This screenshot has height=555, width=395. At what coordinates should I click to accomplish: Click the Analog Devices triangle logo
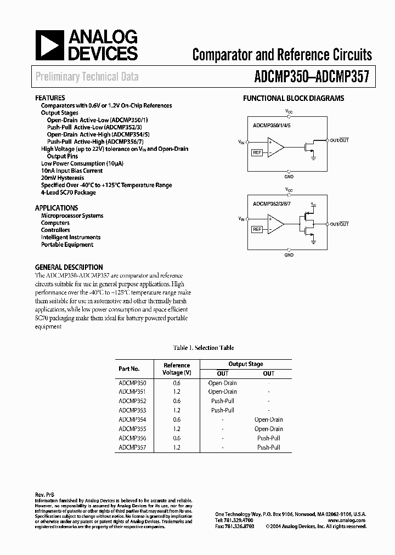[49, 45]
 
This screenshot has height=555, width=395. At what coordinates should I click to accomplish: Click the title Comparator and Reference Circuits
[282, 54]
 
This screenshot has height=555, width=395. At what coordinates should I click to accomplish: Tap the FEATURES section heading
[50, 98]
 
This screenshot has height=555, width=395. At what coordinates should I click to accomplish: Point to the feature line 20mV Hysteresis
[63, 178]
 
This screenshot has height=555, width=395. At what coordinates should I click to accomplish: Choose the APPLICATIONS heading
[57, 208]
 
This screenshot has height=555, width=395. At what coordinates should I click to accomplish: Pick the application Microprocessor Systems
[72, 216]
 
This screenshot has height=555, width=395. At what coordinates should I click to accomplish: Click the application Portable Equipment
[67, 245]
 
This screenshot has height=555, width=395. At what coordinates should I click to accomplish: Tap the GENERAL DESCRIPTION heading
[69, 267]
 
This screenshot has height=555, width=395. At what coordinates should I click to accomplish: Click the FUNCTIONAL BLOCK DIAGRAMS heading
[294, 98]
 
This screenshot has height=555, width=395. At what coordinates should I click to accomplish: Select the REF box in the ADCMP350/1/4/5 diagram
[257, 152]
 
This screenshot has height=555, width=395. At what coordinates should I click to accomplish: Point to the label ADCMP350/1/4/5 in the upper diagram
[272, 125]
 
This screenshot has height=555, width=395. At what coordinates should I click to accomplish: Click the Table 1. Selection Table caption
[204, 348]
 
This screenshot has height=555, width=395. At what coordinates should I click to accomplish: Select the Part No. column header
[129, 369]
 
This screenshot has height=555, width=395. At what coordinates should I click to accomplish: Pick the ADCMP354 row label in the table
[132, 420]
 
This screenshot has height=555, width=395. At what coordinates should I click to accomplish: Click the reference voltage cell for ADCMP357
[177, 448]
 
